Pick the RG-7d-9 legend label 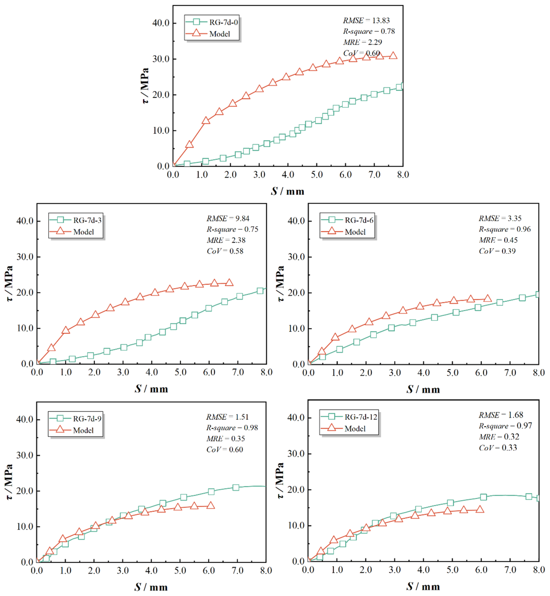click(x=87, y=419)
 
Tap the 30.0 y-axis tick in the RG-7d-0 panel click(x=161, y=59)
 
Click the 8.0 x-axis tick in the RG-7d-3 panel click(x=266, y=372)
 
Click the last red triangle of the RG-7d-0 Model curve click(x=393, y=56)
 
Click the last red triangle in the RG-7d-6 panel click(x=487, y=298)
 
